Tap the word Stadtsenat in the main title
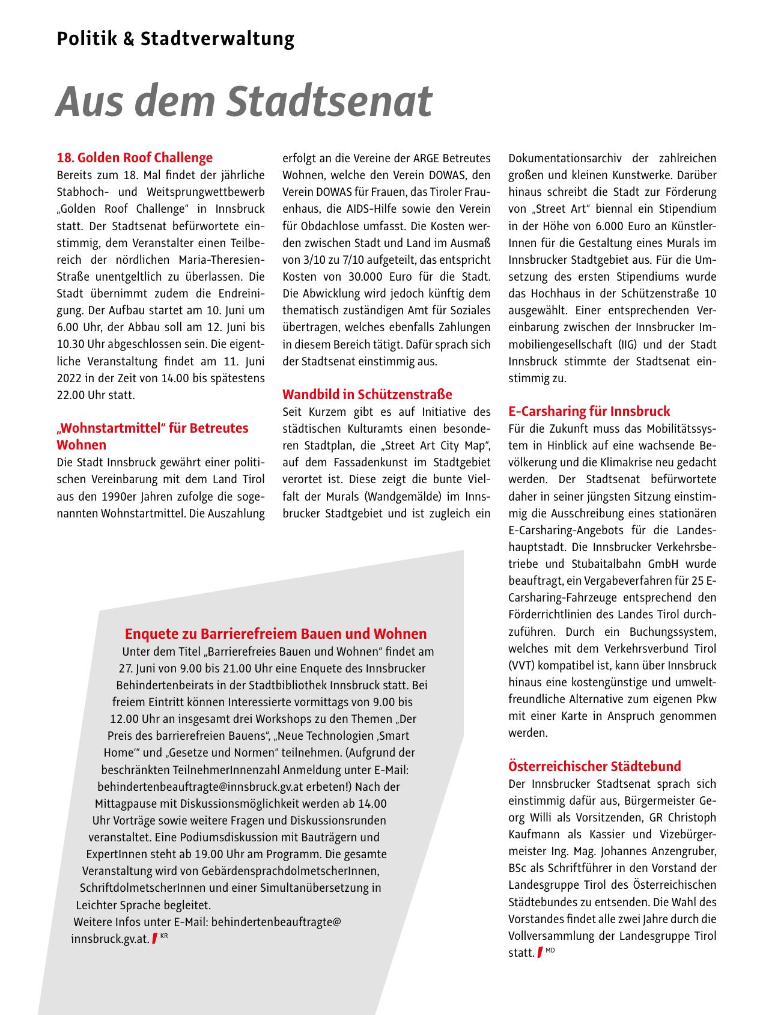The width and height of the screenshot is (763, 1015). pyautogui.click(x=329, y=101)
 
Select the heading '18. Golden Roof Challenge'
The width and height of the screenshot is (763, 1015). pyautogui.click(x=135, y=158)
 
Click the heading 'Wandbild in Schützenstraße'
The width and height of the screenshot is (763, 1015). pyautogui.click(x=367, y=395)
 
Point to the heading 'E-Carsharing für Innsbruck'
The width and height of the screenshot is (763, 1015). pyautogui.click(x=589, y=412)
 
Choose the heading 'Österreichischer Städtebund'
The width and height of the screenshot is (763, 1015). pyautogui.click(x=594, y=766)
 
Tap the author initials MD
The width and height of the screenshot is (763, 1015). pyautogui.click(x=550, y=950)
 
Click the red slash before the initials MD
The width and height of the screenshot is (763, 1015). pyautogui.click(x=540, y=952)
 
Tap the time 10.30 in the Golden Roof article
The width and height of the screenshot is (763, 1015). pyautogui.click(x=70, y=345)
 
